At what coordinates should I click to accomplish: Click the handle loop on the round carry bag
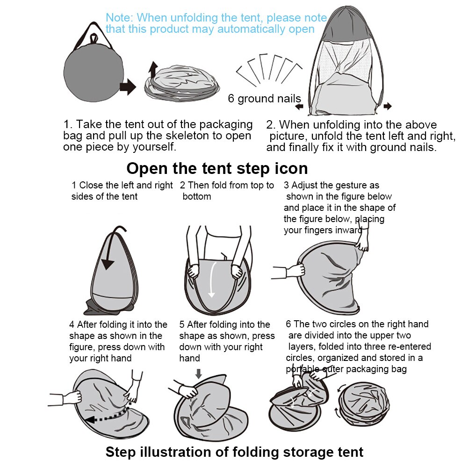click(x=94, y=39)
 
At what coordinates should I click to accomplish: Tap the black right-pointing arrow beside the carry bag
click(x=128, y=87)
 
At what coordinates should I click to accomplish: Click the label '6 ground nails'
click(x=265, y=99)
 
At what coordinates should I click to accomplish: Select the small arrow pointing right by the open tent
click(x=388, y=106)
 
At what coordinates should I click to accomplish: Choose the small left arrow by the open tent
click(x=299, y=107)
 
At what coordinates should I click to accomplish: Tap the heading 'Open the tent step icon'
click(x=217, y=169)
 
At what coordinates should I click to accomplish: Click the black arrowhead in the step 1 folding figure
click(x=108, y=264)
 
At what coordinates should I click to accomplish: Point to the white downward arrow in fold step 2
click(x=212, y=280)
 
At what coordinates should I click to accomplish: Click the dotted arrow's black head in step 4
click(x=90, y=419)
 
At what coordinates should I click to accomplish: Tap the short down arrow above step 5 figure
click(x=199, y=374)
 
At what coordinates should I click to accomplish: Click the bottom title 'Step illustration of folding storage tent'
click(x=235, y=452)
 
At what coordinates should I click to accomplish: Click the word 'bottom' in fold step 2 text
click(x=197, y=197)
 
